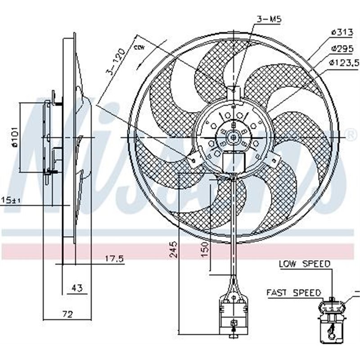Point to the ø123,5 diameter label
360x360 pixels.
point(344,63)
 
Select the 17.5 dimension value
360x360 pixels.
point(114,258)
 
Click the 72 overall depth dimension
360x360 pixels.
point(67,314)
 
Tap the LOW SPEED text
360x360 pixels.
point(304,264)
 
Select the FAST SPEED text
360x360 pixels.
point(293,292)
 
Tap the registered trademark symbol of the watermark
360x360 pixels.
point(351,134)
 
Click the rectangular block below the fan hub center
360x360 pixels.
point(234,162)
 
